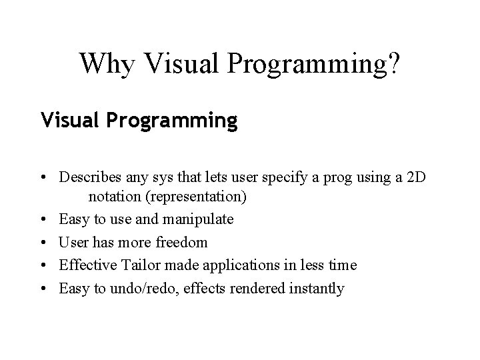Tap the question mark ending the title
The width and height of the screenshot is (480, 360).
click(x=395, y=63)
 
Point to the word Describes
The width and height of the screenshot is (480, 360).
click(x=88, y=178)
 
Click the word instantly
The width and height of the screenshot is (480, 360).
click(x=316, y=288)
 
